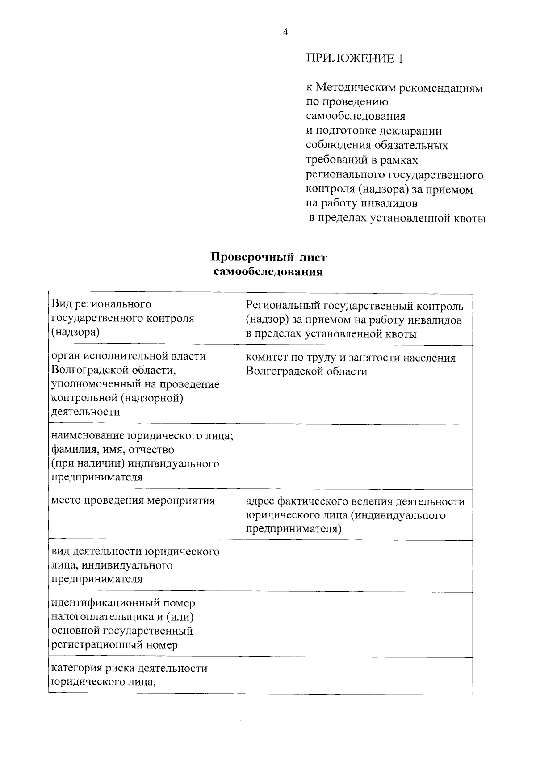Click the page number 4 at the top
[x=286, y=32]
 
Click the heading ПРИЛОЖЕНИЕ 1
[x=354, y=58]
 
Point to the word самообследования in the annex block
[x=356, y=116]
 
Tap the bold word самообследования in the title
[x=268, y=272]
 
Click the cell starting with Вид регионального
[x=145, y=318]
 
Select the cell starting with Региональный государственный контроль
[x=357, y=320]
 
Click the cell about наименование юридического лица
[x=145, y=456]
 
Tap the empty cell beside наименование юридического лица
[x=357, y=457]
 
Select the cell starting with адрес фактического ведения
[x=357, y=515]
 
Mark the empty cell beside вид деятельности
[x=357, y=566]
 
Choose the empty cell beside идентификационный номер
[x=357, y=624]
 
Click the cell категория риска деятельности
[x=145, y=675]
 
